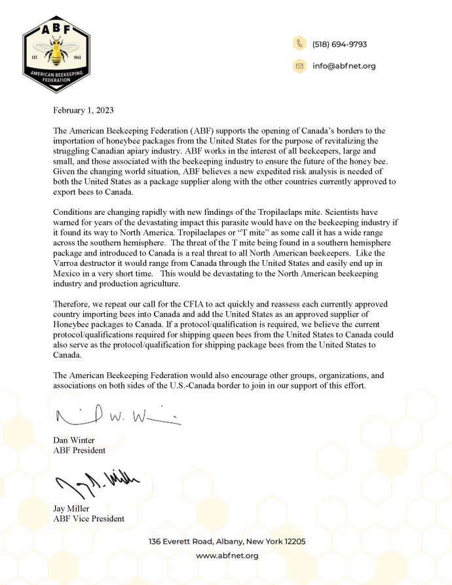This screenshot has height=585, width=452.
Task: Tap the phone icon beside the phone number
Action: [299, 44]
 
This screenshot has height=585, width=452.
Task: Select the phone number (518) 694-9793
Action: [339, 45]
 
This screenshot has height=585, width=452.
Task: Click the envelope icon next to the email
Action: [299, 66]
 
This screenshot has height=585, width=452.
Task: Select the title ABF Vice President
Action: [89, 519]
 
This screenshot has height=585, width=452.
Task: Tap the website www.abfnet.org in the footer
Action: [227, 556]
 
